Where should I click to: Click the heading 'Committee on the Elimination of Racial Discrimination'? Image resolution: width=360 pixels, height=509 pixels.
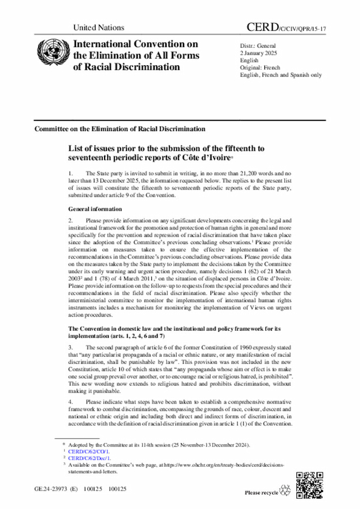click(x=119, y=129)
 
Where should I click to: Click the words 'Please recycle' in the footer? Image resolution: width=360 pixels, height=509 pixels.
click(x=261, y=493)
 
